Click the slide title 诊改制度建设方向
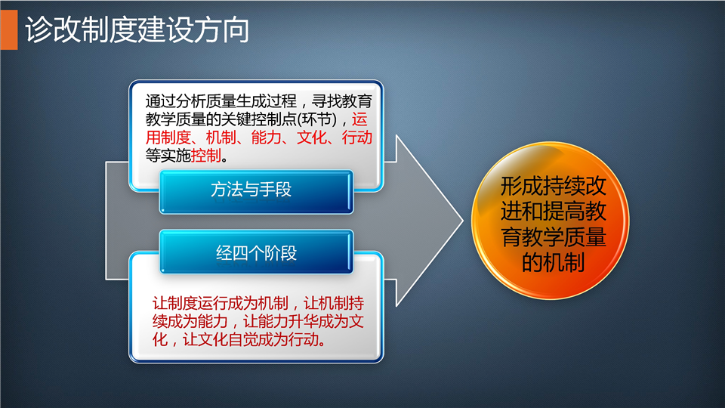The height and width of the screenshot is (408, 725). click(137, 30)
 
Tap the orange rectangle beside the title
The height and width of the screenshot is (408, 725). click(9, 29)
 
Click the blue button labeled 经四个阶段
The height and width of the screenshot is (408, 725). click(257, 252)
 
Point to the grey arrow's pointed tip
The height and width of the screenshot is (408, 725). click(463, 221)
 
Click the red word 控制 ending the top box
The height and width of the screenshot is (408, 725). click(205, 156)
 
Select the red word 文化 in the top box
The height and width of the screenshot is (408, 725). click(312, 138)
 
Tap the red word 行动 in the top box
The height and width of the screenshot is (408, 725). click(357, 138)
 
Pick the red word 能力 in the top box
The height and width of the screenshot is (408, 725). click(267, 138)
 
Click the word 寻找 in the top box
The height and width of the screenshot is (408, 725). click(326, 100)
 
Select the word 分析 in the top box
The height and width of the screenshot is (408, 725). click(190, 100)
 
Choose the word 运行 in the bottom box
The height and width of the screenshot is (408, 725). click(212, 303)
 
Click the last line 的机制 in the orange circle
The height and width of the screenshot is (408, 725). click(554, 262)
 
